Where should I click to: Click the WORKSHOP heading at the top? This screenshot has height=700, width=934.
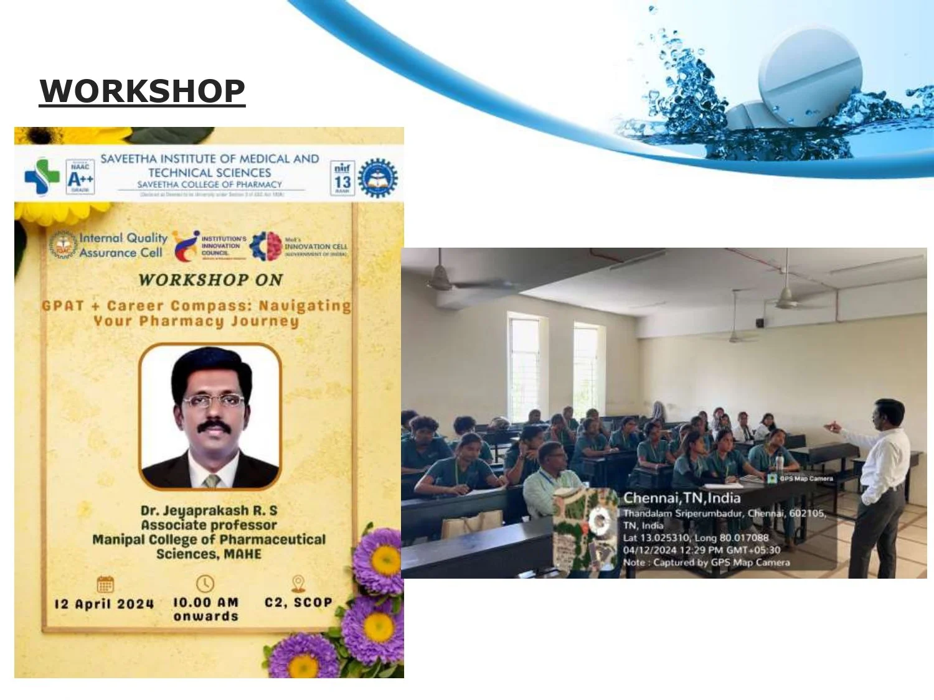point(142,91)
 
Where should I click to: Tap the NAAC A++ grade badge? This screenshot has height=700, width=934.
point(80,177)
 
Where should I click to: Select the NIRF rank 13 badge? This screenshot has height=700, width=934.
point(342,178)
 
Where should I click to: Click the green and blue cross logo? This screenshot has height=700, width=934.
point(41,176)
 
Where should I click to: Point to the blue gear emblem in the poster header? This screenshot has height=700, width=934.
point(377,178)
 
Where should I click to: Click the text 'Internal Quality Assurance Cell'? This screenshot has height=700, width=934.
point(123,245)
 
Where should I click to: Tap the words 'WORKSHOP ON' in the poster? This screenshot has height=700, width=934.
point(210,280)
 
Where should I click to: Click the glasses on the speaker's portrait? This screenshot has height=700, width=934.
point(214,401)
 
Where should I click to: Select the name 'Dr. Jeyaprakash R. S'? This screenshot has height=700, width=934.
point(209,511)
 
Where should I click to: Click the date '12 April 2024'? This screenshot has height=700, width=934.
point(104,604)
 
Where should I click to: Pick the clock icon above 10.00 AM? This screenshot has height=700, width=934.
point(205,584)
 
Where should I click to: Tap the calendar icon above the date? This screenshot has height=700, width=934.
point(105,584)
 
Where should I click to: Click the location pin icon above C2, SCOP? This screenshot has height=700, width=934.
point(298,583)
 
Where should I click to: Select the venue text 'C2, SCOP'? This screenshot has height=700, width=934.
point(298,602)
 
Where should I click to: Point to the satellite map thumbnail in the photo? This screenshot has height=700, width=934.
point(586,529)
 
